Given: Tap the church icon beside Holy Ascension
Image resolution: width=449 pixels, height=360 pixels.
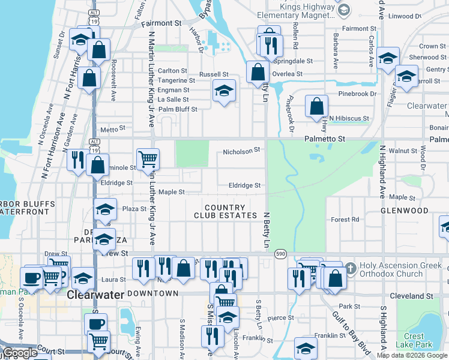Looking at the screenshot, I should point(352,266).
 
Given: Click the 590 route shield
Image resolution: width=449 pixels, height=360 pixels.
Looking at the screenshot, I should point(281,254).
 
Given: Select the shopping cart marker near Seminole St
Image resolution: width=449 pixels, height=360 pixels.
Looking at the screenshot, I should point(148,160).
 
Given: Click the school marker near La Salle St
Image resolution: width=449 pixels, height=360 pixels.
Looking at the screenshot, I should point(224,91).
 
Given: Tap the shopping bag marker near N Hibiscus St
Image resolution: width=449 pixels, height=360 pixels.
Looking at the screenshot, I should point(316,107).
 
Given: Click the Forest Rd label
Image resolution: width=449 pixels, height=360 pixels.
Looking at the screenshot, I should point(345,220).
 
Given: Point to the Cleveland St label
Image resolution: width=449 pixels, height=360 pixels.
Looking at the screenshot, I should point(429,296).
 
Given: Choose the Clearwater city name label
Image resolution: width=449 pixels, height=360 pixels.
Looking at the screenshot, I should point(95,295).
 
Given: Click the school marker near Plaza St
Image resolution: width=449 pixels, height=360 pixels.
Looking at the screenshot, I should point(105,210).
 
